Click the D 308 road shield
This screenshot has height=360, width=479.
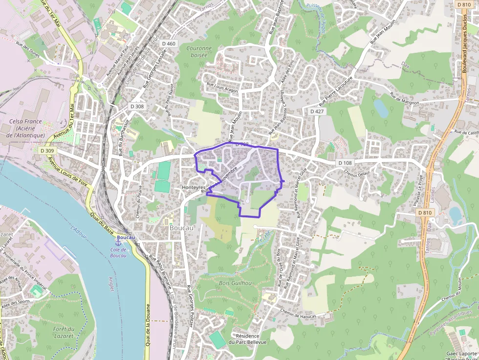[137, 106]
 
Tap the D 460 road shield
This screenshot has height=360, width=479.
[168, 44]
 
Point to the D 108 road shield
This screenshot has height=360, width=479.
[345, 163]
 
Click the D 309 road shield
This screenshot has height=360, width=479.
[47, 151]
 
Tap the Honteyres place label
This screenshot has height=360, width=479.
[194, 188]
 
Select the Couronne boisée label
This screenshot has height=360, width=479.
[199, 52]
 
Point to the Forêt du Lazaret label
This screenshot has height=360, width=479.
[64, 332]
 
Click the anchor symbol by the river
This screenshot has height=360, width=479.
[118, 242]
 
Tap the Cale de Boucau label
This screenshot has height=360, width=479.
[118, 253]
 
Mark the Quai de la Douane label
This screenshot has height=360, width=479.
[147, 325]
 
